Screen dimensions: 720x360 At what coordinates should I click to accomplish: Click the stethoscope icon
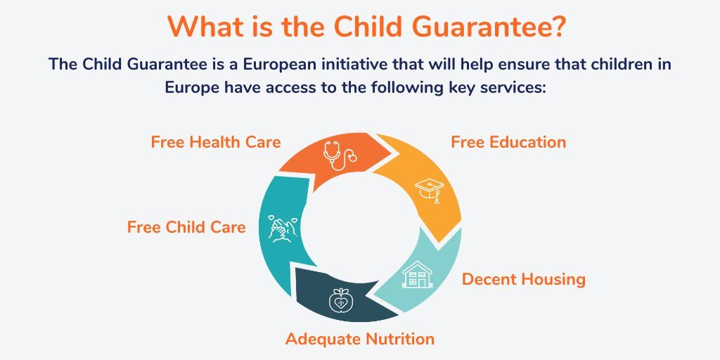pos(340,155)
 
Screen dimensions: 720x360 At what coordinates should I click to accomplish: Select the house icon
pos(417,274)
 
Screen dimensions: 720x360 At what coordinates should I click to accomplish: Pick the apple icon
pos(340,300)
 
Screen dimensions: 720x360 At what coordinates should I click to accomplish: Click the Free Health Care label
pos(216,142)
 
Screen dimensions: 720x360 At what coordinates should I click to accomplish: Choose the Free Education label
pos(508,142)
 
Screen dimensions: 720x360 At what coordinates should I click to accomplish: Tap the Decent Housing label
pos(523,279)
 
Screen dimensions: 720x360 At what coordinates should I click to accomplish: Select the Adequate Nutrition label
pos(359,340)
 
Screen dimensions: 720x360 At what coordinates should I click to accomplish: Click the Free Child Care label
pos(186,227)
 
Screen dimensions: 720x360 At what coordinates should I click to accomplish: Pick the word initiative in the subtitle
pos(352,64)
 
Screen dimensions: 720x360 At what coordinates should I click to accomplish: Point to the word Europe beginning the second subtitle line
pos(193,88)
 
